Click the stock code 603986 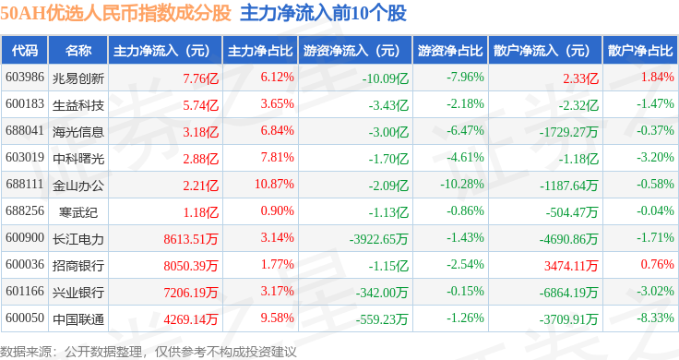(25, 78)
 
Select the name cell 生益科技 (78, 105)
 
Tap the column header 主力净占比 (260, 51)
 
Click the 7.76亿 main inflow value (200, 78)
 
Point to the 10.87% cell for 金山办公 (274, 184)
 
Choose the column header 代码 (25, 51)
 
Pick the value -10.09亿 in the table (385, 78)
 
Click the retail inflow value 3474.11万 (571, 266)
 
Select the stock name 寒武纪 (78, 212)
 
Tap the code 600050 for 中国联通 (25, 318)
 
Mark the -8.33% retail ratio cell (655, 318)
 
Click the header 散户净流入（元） (542, 51)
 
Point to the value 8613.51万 (191, 239)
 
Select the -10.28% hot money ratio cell (462, 184)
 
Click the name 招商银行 (78, 266)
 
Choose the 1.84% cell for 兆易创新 (658, 78)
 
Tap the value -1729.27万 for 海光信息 (568, 132)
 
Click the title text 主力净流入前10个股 (323, 13)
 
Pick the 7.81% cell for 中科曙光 (277, 157)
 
